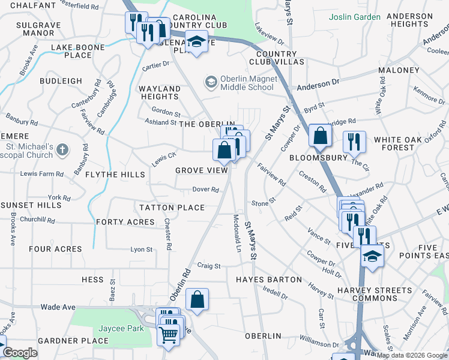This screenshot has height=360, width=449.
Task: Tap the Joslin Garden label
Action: click(x=354, y=17)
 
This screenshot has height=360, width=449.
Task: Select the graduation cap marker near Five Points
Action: click(x=372, y=256)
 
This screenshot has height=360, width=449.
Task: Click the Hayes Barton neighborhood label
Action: click(x=268, y=280)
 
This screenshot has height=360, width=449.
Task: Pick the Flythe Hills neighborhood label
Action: click(x=115, y=175)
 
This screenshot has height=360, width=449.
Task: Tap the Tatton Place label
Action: click(x=172, y=208)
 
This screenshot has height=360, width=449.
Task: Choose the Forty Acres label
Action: click(x=125, y=222)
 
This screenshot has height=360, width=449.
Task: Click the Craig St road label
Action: click(x=209, y=265)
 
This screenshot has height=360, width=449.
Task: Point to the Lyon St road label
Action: click(x=142, y=249)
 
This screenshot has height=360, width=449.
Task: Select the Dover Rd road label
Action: click(x=205, y=189)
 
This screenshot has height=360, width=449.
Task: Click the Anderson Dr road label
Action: click(x=318, y=85)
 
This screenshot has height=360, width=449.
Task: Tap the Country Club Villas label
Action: click(x=273, y=58)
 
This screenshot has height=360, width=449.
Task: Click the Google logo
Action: click(x=20, y=353)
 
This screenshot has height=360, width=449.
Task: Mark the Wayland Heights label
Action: click(x=159, y=92)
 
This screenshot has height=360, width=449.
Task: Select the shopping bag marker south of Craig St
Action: click(x=197, y=301)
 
